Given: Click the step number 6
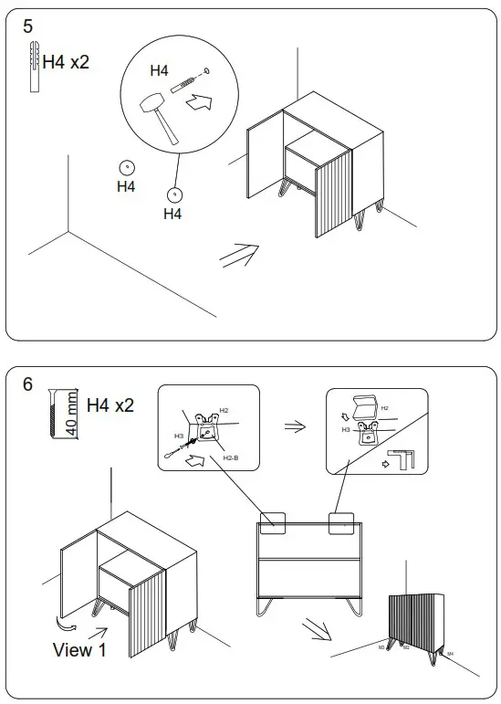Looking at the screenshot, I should [28, 384].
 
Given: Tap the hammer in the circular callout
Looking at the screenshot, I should [156, 116].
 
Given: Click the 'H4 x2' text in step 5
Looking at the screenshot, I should [67, 63].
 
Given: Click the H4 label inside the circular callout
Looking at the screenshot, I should [159, 70].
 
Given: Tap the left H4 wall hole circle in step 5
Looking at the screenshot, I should [126, 167].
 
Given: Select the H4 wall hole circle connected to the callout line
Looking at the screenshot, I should [172, 194].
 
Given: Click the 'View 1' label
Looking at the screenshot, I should [85, 650].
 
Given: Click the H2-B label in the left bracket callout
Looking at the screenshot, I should [230, 457].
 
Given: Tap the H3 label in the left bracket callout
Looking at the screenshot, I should [179, 436].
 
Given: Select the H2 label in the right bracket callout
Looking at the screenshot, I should [384, 408].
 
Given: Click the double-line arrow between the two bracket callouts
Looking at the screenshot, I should [294, 426].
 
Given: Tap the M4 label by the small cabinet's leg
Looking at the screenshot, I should [450, 654].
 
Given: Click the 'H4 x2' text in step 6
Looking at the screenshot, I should [110, 405].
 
